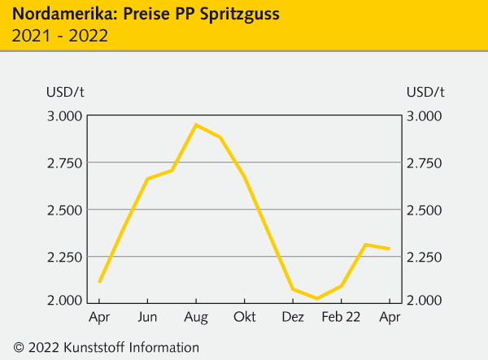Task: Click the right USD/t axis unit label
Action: [425, 90]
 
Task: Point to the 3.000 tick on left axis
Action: [65, 115]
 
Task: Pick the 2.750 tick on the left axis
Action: [65, 163]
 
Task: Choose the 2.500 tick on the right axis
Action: [424, 210]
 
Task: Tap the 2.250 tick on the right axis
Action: [424, 257]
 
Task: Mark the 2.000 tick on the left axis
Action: [65, 301]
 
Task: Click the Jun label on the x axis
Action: [147, 316]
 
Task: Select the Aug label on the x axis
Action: [196, 316]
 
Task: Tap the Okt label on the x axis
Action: [244, 316]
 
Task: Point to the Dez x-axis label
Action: [293, 316]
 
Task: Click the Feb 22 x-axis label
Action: [342, 316]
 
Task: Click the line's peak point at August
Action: [196, 124]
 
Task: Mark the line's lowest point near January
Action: [316, 298]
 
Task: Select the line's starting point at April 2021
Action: [99, 282]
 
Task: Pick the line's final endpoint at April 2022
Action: [390, 249]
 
